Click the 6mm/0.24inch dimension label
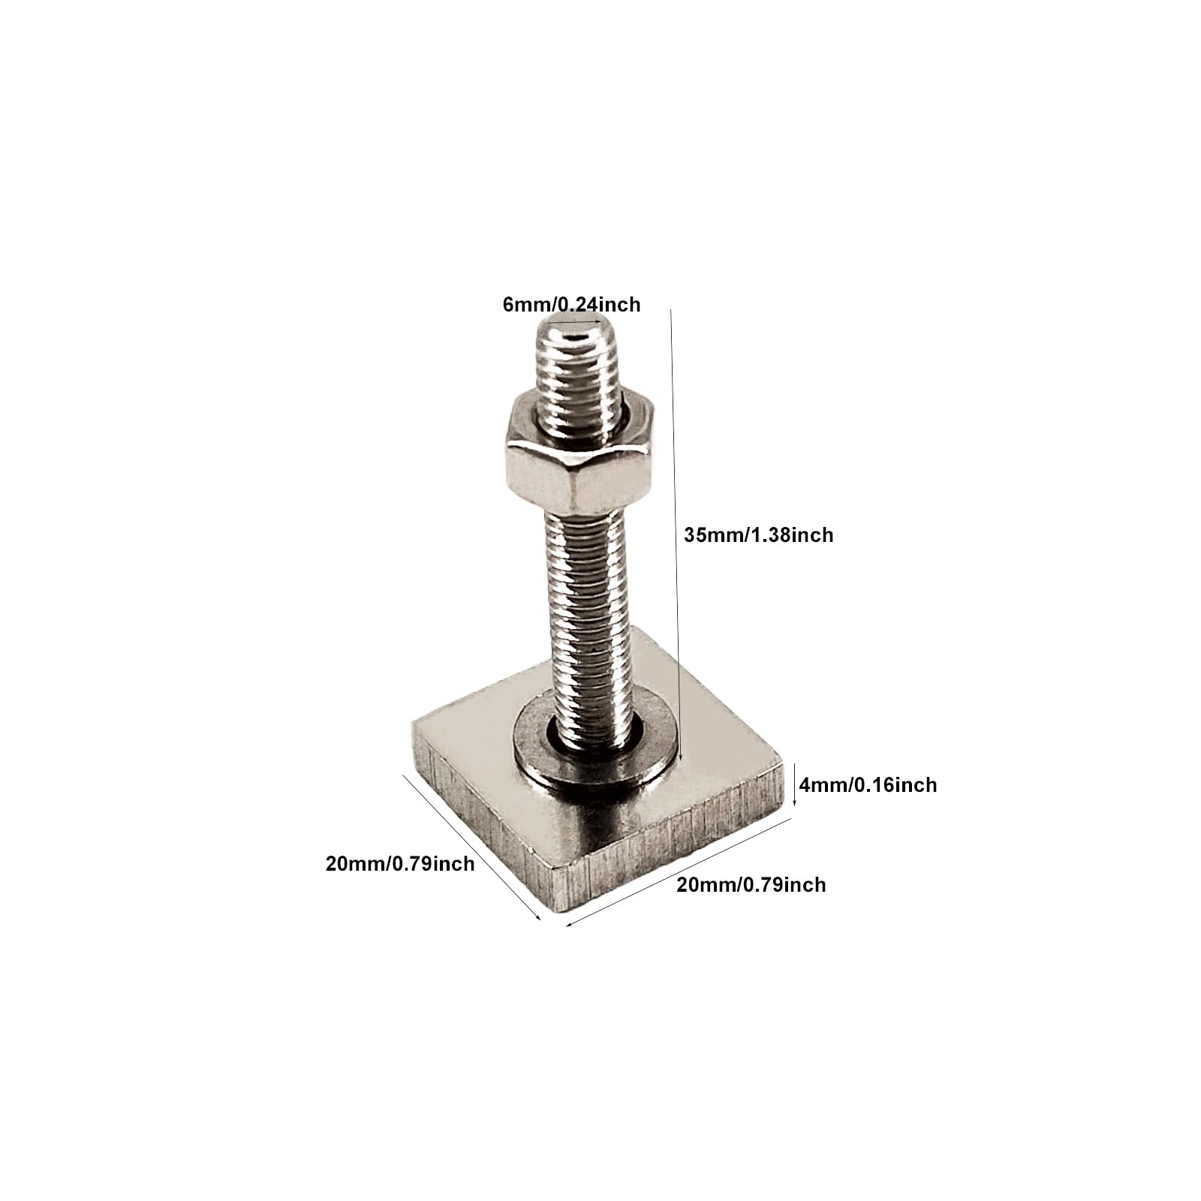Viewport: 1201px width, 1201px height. pos(571,304)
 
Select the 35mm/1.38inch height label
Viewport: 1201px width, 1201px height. pos(759,534)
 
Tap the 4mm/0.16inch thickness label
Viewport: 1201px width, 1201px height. pos(868,784)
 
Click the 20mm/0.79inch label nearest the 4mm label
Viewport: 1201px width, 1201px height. pos(751,884)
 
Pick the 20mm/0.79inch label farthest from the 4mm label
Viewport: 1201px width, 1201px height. pos(400,863)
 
